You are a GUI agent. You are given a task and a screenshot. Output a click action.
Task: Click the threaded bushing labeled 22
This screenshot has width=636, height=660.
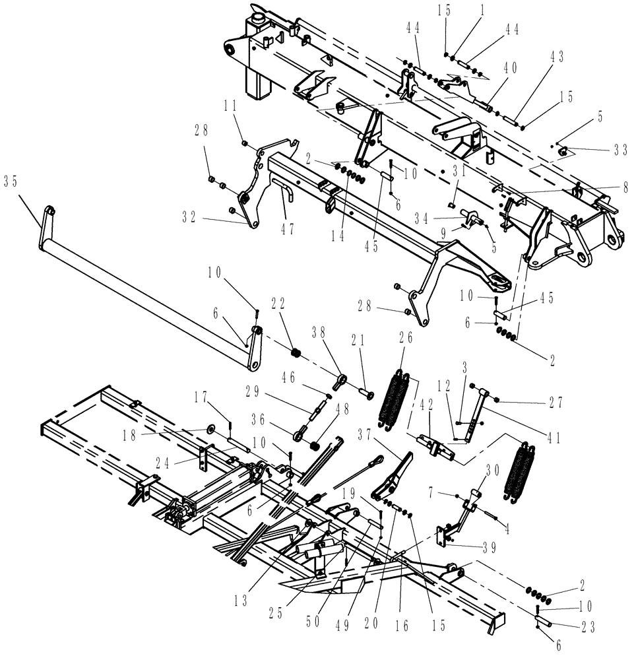tap(297, 354)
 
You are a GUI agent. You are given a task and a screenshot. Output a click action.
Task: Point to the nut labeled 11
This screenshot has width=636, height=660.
tap(245, 143)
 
